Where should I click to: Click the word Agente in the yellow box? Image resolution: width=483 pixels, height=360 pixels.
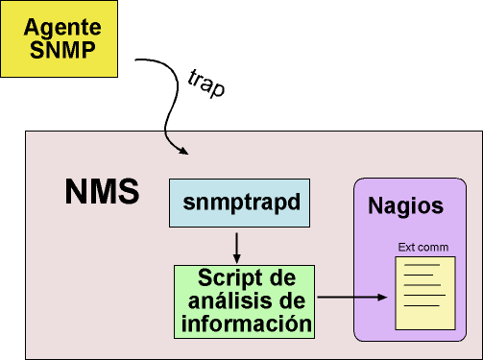62,28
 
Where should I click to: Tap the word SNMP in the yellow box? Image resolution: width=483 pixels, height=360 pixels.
62,50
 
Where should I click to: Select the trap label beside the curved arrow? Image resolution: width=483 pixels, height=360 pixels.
206,84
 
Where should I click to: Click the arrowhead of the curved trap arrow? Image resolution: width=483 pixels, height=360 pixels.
183,151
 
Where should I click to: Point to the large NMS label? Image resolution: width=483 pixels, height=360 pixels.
102,191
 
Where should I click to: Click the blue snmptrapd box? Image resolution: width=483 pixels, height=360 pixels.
239,203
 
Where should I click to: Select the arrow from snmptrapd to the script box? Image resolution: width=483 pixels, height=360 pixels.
236,248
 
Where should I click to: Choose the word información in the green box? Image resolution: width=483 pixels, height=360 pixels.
247,324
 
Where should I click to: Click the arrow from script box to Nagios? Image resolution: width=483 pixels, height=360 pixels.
352,298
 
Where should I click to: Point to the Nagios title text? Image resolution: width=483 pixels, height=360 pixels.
405,205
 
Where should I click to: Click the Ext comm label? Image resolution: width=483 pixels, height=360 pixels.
423,247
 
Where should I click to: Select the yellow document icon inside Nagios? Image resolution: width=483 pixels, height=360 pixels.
425,293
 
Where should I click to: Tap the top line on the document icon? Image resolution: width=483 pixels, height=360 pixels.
422,265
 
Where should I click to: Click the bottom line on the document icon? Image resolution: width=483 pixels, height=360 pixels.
422,305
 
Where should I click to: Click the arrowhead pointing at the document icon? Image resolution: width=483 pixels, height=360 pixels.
382,298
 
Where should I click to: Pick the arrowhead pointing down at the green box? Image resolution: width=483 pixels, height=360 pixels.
236,258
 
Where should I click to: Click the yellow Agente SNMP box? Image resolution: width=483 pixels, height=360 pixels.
60,38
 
